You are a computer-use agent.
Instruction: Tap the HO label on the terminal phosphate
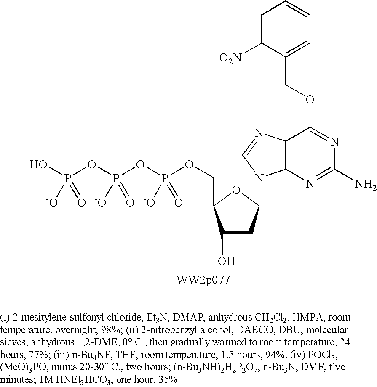38,165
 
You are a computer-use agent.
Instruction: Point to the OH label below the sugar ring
227,262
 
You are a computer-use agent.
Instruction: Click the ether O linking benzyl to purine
310,100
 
